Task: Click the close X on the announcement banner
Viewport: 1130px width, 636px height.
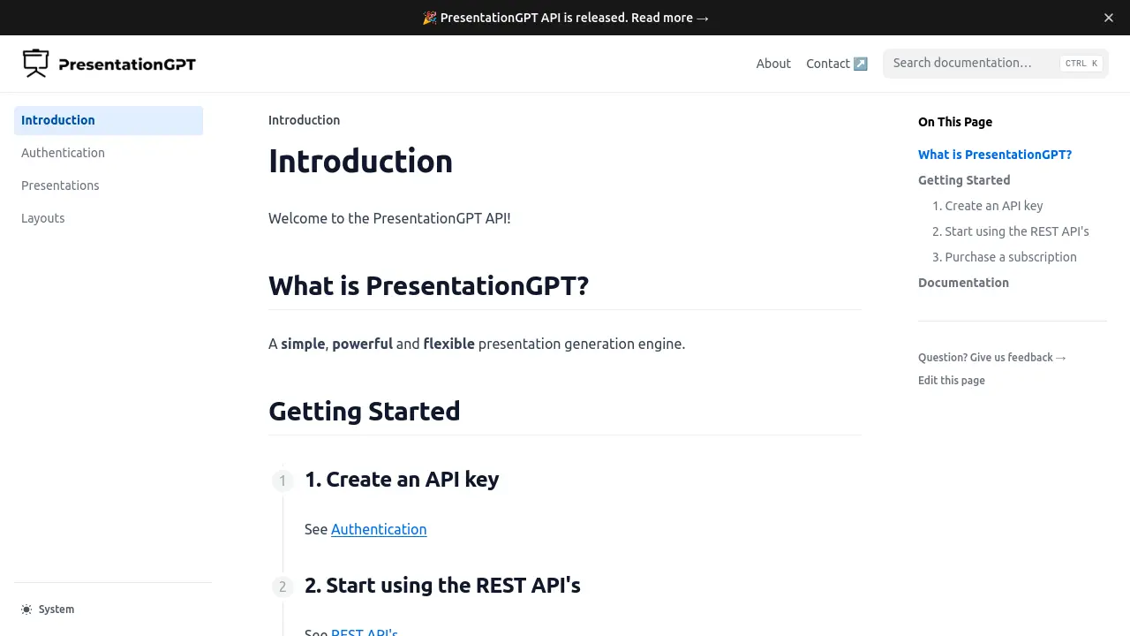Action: point(1109,18)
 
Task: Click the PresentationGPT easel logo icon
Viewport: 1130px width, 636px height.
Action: point(35,64)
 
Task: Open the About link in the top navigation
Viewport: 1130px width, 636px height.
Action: point(773,64)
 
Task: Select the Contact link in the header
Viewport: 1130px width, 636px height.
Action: point(836,64)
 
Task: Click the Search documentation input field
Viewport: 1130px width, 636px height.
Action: point(971,64)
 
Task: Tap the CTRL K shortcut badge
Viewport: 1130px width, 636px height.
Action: point(1081,64)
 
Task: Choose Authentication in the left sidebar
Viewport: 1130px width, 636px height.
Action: point(63,153)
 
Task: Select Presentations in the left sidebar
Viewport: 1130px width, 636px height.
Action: point(60,185)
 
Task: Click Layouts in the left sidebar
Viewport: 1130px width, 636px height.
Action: point(43,218)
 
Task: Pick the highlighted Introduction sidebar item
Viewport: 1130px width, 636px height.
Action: point(58,120)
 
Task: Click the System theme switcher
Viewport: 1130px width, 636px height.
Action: point(49,609)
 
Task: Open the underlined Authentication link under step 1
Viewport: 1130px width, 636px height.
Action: point(379,529)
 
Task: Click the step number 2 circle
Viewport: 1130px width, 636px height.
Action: point(282,587)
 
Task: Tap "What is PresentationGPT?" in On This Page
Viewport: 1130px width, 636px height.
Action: point(995,155)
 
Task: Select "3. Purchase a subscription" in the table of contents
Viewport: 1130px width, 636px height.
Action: point(1005,257)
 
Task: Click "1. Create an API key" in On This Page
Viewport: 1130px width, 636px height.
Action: point(988,206)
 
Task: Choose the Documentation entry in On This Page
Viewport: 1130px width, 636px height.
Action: point(963,283)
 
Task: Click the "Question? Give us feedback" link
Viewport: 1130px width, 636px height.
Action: point(992,358)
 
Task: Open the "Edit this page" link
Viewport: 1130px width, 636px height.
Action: point(952,381)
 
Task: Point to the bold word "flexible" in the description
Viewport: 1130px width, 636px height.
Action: point(448,344)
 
